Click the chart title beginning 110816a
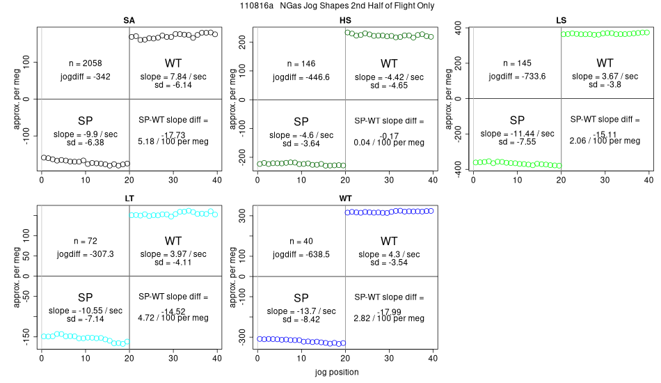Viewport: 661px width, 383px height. (337, 6)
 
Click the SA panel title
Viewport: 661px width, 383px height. (129, 21)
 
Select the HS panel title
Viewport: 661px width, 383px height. (345, 21)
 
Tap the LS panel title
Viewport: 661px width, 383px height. (561, 21)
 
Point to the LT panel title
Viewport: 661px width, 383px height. (129, 198)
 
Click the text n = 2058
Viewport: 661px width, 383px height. (85, 63)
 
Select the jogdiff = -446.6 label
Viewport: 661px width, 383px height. (301, 77)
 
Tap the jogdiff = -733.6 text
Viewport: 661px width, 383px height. (517, 77)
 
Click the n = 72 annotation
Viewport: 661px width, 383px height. (85, 241)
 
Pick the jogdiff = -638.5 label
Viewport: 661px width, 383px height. (301, 255)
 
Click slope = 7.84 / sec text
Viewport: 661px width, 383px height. (173, 77)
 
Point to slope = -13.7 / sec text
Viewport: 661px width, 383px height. (301, 311)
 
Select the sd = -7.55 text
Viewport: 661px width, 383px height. (517, 142)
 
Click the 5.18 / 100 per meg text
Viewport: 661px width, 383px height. (173, 142)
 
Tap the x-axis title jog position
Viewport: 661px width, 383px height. (337, 373)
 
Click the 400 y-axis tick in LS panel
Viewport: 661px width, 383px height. (459, 28)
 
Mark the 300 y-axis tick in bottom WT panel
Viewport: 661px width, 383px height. (242, 216)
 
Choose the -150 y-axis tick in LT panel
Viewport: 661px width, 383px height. (26, 338)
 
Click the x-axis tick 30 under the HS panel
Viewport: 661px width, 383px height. (389, 180)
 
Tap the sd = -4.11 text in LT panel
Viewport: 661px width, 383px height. (173, 263)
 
